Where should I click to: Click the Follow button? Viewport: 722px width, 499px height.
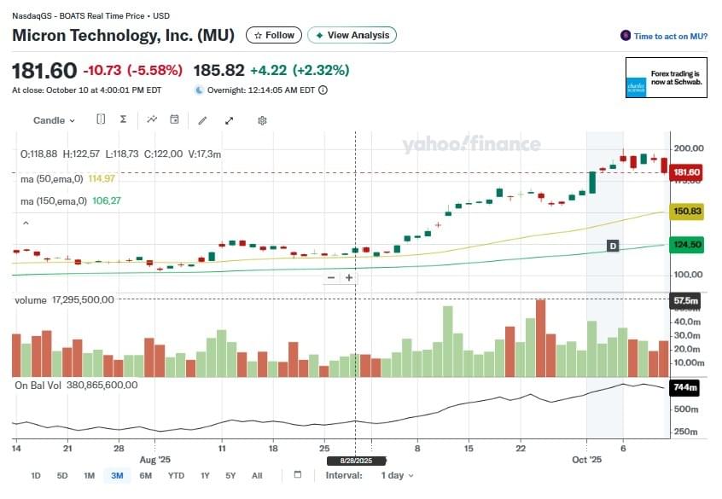[x=273, y=35]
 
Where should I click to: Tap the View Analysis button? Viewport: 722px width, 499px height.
[x=352, y=35]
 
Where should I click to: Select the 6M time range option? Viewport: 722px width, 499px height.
[x=145, y=475]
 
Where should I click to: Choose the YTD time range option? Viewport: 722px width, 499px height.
[x=176, y=475]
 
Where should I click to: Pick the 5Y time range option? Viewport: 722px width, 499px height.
[x=230, y=475]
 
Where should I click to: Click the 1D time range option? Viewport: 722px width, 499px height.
[x=35, y=475]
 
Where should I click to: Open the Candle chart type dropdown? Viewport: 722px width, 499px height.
[x=54, y=120]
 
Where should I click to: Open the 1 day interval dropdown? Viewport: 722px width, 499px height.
[x=397, y=475]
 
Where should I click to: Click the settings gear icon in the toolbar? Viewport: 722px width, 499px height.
[x=262, y=120]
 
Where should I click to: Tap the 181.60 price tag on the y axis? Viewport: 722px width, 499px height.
[x=686, y=172]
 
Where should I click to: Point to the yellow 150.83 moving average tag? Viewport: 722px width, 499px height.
[x=686, y=211]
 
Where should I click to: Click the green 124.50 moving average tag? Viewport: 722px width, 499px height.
[x=686, y=245]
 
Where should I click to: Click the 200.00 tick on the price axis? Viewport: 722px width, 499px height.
[x=689, y=148]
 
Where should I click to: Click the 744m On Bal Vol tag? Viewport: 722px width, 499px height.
[x=685, y=388]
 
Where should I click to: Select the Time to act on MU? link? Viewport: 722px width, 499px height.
[x=664, y=36]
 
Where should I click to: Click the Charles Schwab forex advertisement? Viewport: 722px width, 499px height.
[x=666, y=78]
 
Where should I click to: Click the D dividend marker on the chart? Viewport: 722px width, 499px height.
[x=612, y=246]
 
